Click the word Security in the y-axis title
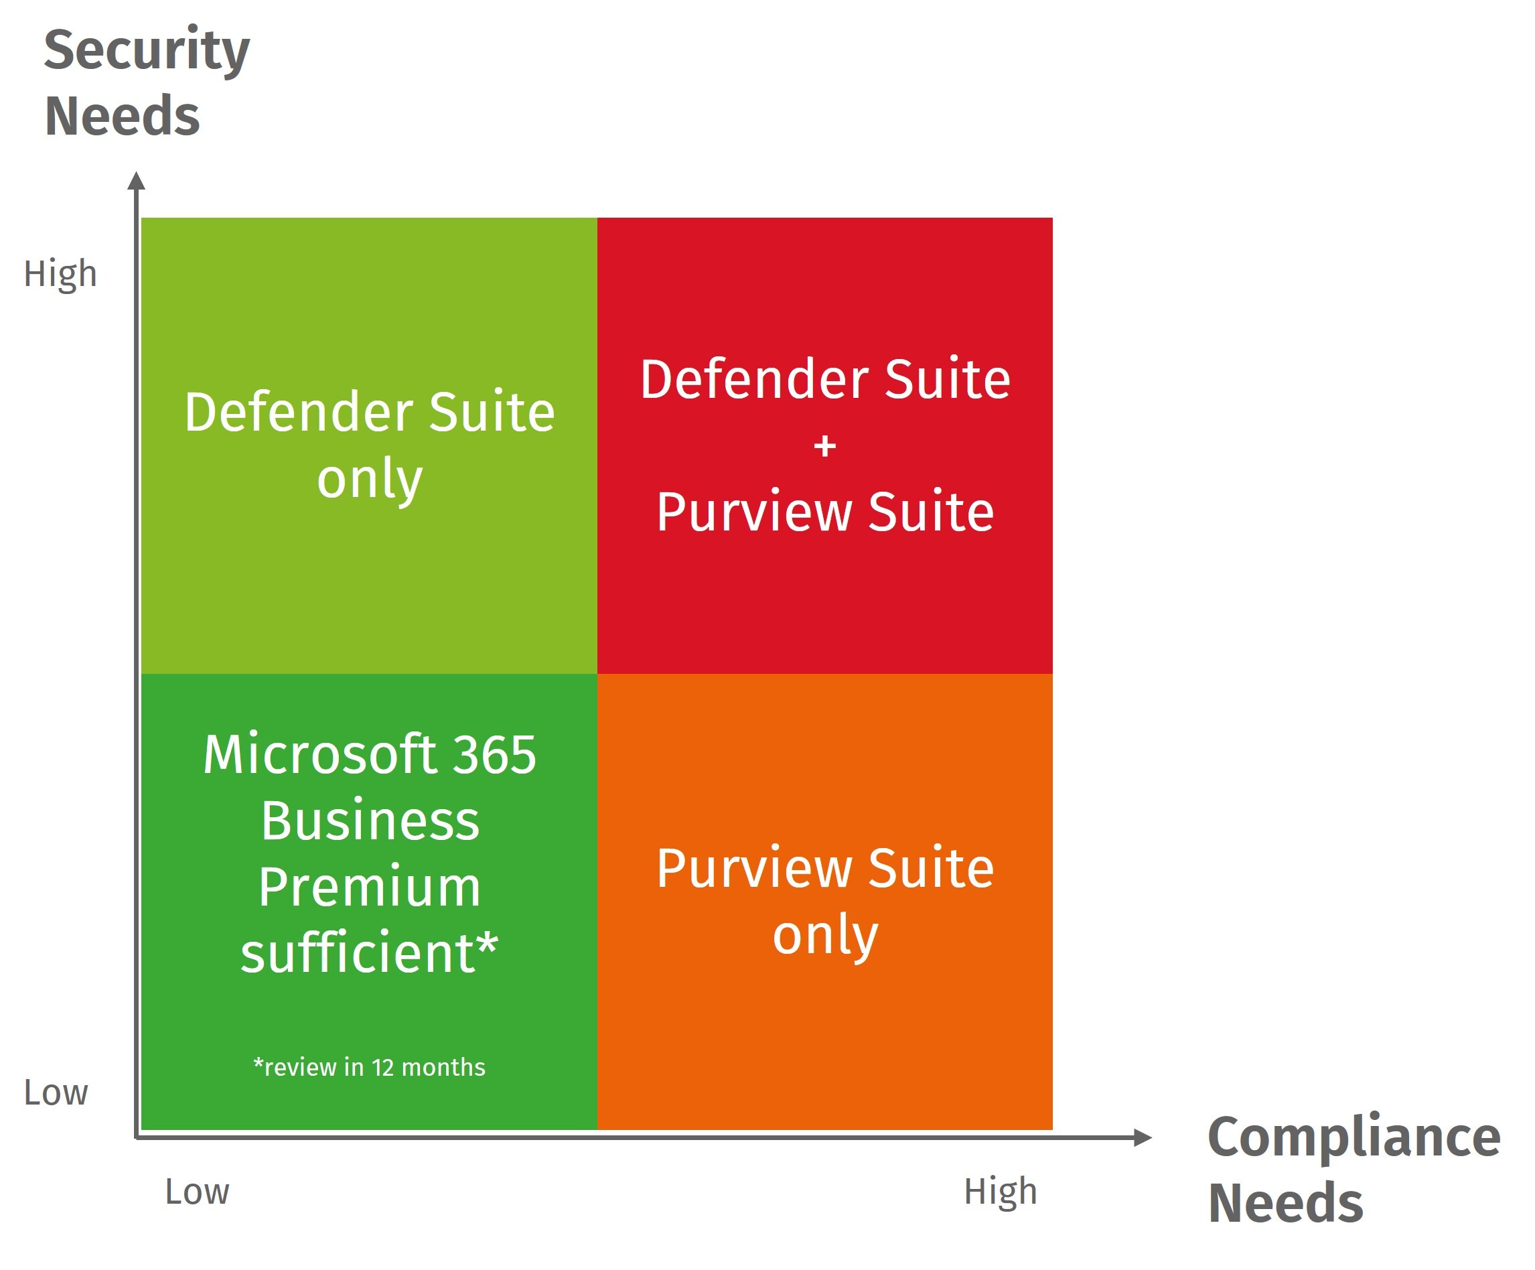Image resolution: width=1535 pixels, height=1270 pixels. click(x=146, y=51)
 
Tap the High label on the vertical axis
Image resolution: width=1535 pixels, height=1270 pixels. click(x=60, y=274)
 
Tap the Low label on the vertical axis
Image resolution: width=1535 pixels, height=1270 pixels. click(x=56, y=1092)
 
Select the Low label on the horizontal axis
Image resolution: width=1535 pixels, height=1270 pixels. click(x=197, y=1192)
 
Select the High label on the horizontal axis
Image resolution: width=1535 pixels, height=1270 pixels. click(x=1000, y=1192)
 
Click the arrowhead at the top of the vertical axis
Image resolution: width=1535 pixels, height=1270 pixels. click(x=136, y=181)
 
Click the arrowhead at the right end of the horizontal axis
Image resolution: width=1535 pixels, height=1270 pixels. click(x=1143, y=1137)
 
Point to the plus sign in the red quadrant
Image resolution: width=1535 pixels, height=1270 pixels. click(x=824, y=445)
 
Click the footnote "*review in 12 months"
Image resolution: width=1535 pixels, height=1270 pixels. click(x=369, y=1068)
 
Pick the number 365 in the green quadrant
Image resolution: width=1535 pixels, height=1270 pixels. click(x=494, y=754)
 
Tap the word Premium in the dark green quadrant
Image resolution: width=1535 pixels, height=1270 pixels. click(x=369, y=887)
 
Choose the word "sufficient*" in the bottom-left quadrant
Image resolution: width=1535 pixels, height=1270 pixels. click(x=369, y=952)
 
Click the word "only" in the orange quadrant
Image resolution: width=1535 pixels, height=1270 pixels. click(x=824, y=935)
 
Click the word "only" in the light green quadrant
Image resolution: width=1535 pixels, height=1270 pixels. click(x=369, y=480)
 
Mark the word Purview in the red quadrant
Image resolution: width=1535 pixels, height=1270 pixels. click(x=753, y=512)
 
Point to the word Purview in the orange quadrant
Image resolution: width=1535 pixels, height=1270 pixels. click(x=753, y=869)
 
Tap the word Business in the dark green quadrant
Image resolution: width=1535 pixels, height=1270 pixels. click(x=370, y=821)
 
